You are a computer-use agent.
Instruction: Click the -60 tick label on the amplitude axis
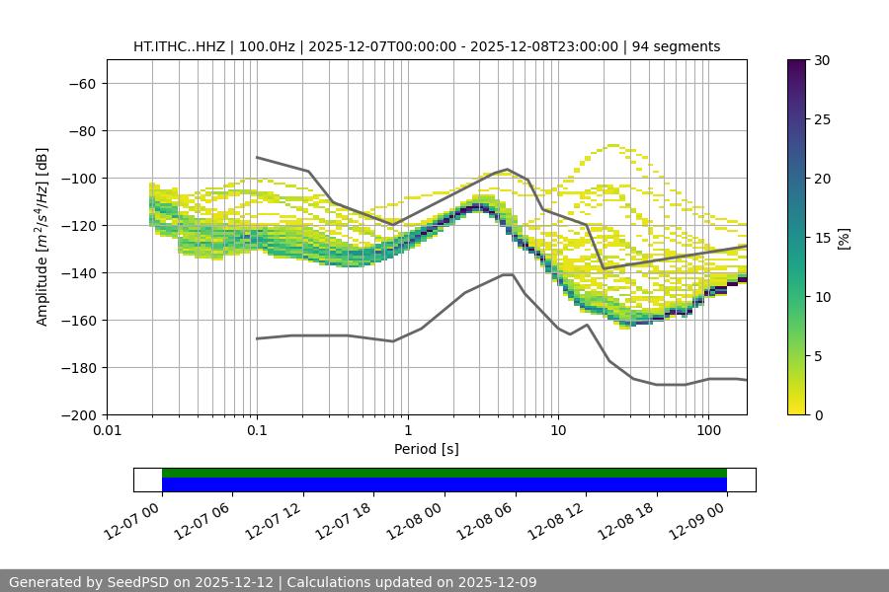[81, 84]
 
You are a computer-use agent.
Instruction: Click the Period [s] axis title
[426, 450]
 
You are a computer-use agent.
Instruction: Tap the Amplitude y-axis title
[42, 237]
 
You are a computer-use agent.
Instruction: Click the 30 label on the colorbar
[822, 60]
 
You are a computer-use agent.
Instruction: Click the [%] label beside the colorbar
[844, 238]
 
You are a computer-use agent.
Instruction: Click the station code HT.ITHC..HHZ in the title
[180, 47]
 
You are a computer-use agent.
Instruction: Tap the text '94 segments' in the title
[676, 47]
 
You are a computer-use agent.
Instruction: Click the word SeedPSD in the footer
[138, 582]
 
